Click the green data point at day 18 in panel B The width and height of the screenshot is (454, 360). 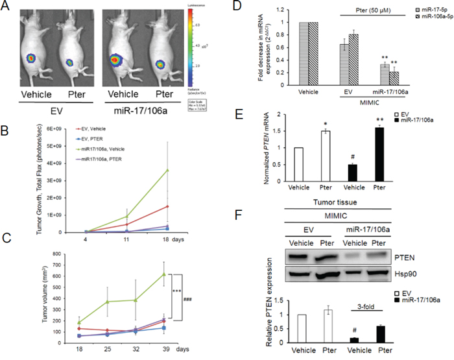[x=169, y=171]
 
